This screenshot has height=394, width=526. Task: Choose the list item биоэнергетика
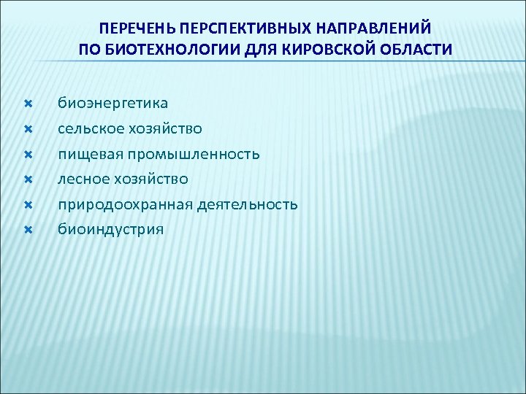pyautogui.click(x=113, y=104)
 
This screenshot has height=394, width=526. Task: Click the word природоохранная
pyautogui.click(x=126, y=204)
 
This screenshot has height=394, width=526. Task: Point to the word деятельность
pyautogui.click(x=248, y=204)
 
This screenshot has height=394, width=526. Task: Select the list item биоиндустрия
pyautogui.click(x=111, y=229)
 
